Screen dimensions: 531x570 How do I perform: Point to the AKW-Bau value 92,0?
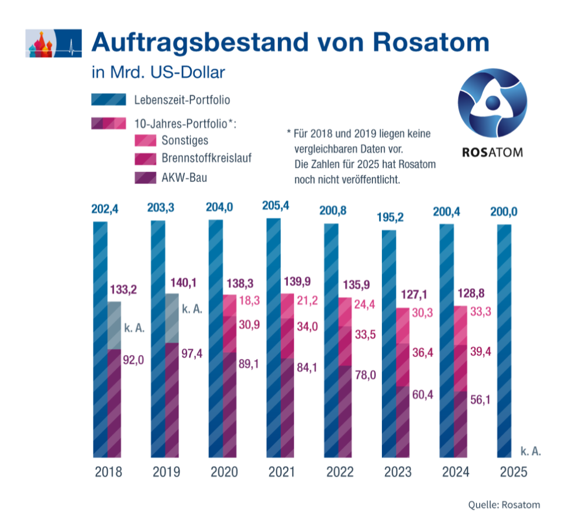[x=134, y=360]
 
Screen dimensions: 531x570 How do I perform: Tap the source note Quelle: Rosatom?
[x=504, y=505]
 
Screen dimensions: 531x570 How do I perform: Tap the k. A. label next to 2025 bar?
[x=530, y=450]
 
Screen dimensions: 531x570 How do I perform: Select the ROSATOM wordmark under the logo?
[x=492, y=152]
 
